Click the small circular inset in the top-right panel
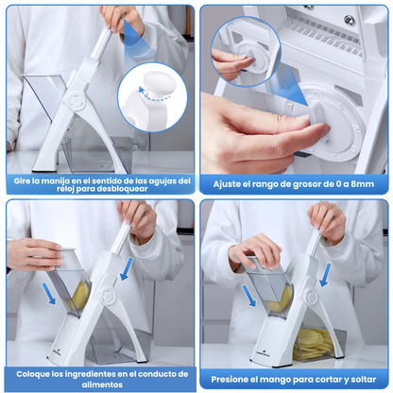[237, 49]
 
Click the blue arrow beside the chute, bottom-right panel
[248, 294]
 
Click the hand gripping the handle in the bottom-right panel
[327, 219]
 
